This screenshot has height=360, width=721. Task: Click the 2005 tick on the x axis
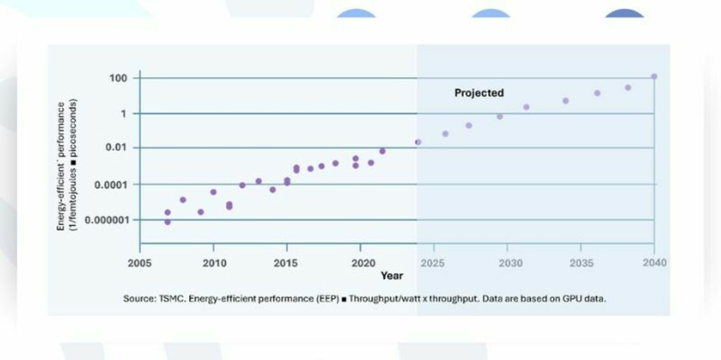pyautogui.click(x=140, y=263)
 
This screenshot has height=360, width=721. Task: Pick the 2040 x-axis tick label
pyautogui.click(x=654, y=263)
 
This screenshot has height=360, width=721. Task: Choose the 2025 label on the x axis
pyautogui.click(x=433, y=263)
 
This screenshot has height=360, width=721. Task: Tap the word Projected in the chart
pyautogui.click(x=479, y=93)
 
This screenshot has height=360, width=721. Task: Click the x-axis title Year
pyautogui.click(x=391, y=275)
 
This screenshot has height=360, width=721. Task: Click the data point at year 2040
pyautogui.click(x=654, y=76)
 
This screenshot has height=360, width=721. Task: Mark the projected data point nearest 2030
pyautogui.click(x=500, y=117)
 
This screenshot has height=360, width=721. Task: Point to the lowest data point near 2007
pyautogui.click(x=168, y=222)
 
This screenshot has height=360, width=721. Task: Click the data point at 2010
pyautogui.click(x=214, y=192)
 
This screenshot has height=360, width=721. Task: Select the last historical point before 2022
pyautogui.click(x=382, y=151)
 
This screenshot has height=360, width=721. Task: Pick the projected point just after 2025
pyautogui.click(x=446, y=134)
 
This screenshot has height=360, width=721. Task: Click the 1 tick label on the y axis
pyautogui.click(x=126, y=113)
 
